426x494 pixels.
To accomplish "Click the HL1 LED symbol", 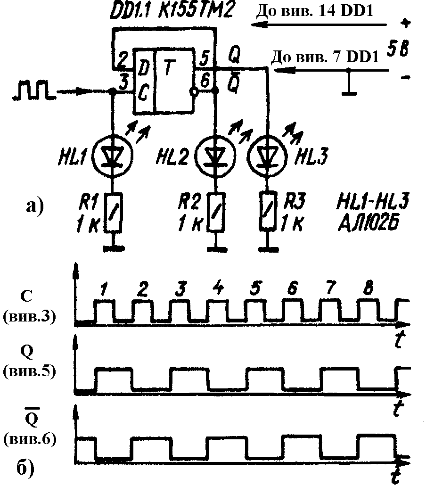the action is tap(113, 155).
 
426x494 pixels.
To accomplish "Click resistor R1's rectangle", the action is tap(113, 212).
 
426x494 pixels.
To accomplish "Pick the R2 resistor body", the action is tap(216, 212).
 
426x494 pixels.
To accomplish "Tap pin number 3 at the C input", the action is tap(124, 83).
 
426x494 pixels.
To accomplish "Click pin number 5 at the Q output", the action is tap(205, 58).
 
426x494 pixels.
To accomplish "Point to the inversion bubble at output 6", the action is tap(194, 91).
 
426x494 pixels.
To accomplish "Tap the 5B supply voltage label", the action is tap(398, 49).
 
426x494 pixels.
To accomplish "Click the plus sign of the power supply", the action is tap(406, 23).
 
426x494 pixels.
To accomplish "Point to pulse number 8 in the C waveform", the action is tap(368, 288).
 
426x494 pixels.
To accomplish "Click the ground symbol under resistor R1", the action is tap(114, 249).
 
